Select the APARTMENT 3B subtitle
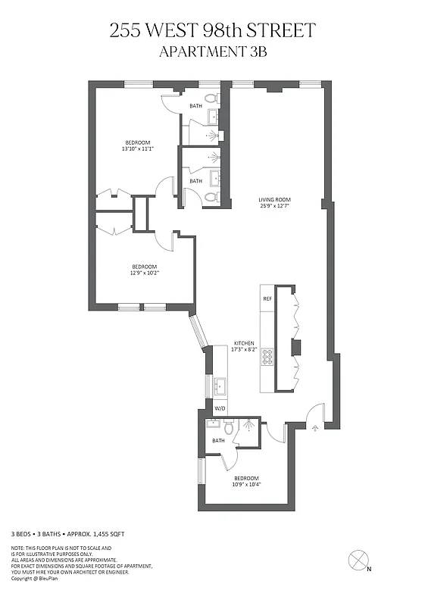point(214,52)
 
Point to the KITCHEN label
point(243,343)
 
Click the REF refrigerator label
point(267,298)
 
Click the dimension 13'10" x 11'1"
point(138,149)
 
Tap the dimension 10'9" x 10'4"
point(246,485)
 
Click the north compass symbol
point(358,561)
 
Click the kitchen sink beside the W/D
point(220,387)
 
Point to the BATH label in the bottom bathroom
point(218,440)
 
